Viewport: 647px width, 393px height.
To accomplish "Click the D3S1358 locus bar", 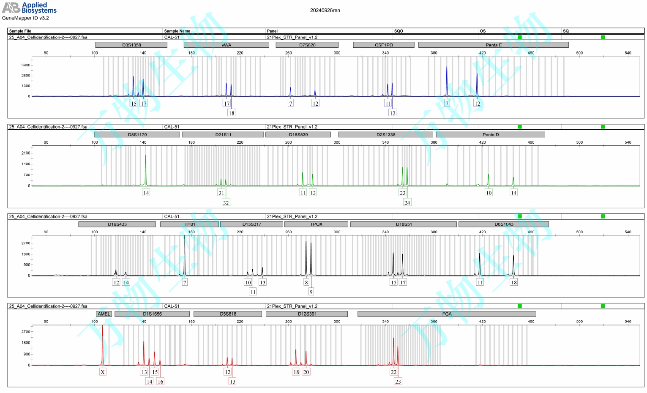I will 131,45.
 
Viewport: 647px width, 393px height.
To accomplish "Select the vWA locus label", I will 227,45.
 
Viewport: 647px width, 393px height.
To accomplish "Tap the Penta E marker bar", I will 493,45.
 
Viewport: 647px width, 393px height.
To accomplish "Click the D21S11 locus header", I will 223,134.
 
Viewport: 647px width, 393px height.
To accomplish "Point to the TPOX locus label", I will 316,224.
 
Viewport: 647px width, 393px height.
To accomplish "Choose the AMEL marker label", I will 104,314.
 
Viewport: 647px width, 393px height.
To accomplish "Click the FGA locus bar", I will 447,314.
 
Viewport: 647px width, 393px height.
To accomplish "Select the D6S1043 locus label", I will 504,224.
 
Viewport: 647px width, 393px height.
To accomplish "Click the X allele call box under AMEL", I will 103,372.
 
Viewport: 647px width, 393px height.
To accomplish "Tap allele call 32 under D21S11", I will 226,202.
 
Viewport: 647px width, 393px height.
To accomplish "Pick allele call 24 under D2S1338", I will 407,202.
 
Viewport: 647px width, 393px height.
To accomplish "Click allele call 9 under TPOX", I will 311,292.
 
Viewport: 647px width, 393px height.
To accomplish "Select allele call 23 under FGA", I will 398,382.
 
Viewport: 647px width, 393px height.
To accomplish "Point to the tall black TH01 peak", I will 185,254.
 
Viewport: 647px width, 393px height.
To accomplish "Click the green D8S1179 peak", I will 146,169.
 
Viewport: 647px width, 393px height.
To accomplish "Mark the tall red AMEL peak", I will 102,342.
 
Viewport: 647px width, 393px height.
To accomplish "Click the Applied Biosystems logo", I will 30,8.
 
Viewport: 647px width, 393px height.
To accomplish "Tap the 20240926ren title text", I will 325,11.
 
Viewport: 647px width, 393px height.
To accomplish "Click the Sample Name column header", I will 177,31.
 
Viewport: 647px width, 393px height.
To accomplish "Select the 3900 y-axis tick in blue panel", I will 26,65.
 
